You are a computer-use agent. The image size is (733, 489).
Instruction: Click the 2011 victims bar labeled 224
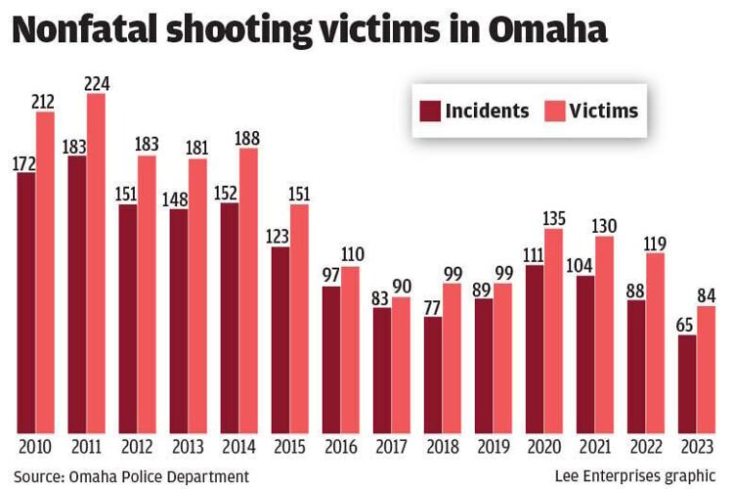pyautogui.click(x=96, y=264)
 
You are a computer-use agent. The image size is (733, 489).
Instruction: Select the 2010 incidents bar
pyautogui.click(x=26, y=303)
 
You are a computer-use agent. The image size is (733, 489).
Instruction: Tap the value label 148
pyautogui.click(x=179, y=199)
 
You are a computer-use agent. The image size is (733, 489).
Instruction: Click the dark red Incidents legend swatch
pyautogui.click(x=430, y=111)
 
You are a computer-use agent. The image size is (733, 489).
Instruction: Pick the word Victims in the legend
pyautogui.click(x=604, y=111)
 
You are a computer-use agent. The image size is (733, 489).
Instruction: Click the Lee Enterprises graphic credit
pyautogui.click(x=635, y=475)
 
